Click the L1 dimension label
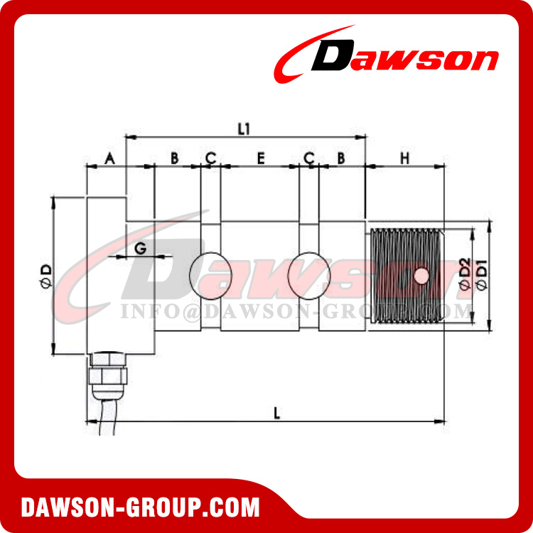[244, 129]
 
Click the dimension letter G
[140, 248]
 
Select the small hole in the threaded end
[421, 275]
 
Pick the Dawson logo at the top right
[387, 57]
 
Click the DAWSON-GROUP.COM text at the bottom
[141, 507]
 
